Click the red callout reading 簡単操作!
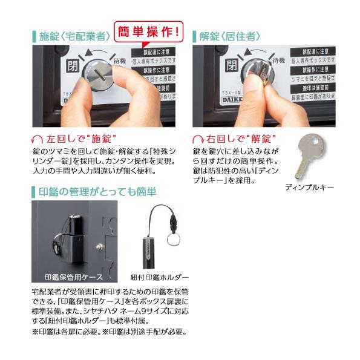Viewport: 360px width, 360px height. point(149,30)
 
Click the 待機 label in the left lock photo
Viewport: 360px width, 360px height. point(120,61)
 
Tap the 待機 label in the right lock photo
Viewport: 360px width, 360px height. point(278,61)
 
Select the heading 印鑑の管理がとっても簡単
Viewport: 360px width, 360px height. point(97,192)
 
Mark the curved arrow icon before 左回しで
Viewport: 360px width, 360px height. point(41,137)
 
